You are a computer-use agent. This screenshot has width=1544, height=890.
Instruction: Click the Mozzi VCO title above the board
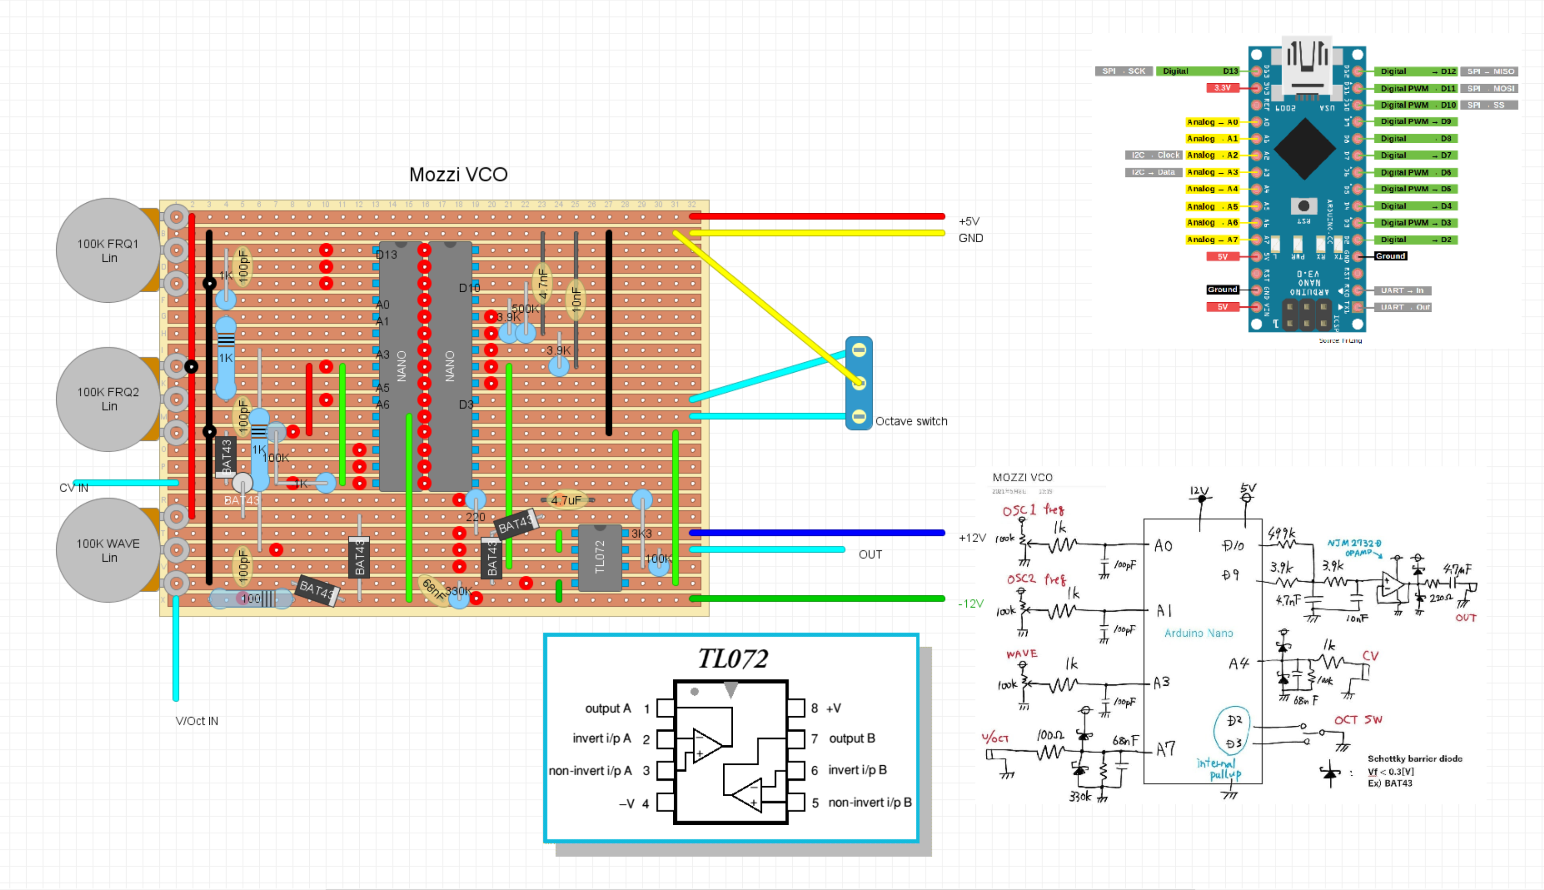(458, 174)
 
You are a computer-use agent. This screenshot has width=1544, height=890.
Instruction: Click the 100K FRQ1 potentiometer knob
(108, 250)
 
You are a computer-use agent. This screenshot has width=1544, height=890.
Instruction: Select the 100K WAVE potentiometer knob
(108, 550)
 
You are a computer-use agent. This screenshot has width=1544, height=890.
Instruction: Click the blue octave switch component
(858, 383)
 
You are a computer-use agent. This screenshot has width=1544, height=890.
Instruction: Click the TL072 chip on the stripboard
(600, 557)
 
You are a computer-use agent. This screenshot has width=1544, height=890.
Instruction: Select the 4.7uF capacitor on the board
(566, 500)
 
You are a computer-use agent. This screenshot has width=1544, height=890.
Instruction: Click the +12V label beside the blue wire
(972, 538)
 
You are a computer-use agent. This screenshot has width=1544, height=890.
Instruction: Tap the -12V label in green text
(970, 603)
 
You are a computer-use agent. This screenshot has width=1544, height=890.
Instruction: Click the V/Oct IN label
(196, 721)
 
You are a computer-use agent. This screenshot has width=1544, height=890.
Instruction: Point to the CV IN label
(73, 488)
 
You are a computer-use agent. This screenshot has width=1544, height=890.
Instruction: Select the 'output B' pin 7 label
(851, 738)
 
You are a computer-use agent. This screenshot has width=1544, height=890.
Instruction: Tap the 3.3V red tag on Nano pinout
(1222, 88)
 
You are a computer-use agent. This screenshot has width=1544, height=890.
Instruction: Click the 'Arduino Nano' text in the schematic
(1198, 633)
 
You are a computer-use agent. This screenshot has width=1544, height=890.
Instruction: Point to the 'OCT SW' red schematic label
(1357, 720)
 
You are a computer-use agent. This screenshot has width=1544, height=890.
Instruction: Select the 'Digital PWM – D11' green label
(1416, 89)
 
